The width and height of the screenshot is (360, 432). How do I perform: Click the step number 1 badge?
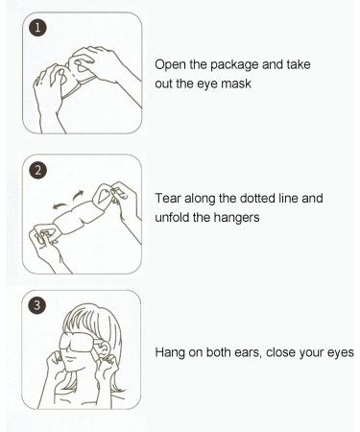pos(36,29)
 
